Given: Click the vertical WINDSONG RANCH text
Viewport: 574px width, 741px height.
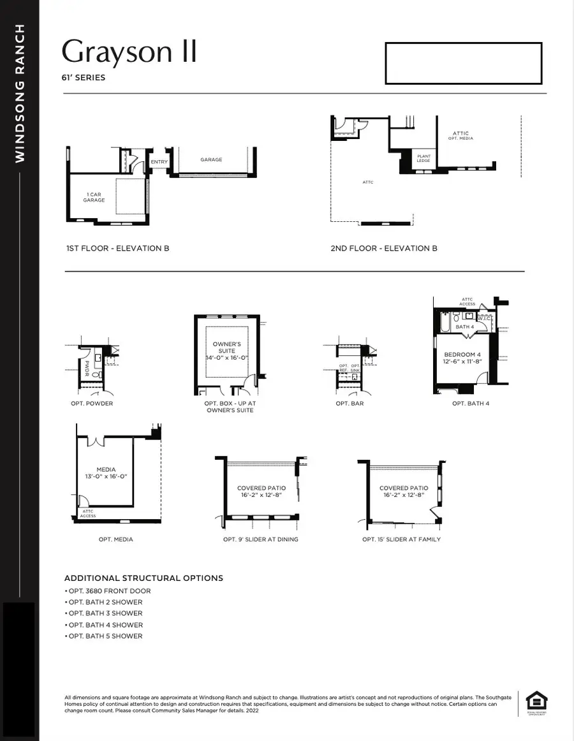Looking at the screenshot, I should (x=20, y=93).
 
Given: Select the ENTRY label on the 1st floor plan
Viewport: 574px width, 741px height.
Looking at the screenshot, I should (x=159, y=162).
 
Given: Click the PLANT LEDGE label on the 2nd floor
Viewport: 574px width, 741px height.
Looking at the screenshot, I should (x=423, y=159).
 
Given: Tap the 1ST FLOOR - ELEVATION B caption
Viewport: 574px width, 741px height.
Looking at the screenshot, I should (x=117, y=248).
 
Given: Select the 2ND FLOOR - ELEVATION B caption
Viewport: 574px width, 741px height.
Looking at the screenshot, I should (x=383, y=248).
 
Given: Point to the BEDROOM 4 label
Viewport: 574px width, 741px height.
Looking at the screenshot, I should (x=462, y=355).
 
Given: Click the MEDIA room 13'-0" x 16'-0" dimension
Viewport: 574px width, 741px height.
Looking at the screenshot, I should (x=106, y=476).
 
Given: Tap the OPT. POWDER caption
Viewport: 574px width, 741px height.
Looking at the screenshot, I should (x=92, y=404).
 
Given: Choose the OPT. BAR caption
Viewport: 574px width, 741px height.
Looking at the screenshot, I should (x=350, y=404).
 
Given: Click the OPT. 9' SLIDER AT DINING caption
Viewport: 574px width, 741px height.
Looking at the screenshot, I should (x=260, y=539).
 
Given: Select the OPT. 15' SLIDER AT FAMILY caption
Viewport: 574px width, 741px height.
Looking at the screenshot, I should (x=401, y=539).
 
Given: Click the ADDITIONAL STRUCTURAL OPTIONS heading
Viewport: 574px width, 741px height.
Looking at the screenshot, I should (x=143, y=578).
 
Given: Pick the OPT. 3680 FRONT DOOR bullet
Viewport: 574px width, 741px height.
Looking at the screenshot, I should (x=109, y=591).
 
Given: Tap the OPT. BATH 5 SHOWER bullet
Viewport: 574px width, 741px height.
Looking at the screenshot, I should (x=105, y=636).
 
